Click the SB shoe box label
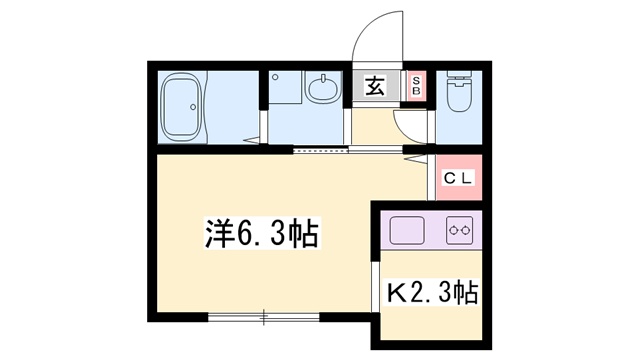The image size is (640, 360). tap(417, 86)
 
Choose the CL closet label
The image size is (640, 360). tap(459, 178)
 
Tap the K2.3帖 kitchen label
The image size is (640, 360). tap(431, 294)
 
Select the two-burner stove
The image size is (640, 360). tap(459, 230)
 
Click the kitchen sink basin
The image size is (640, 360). tap(407, 229)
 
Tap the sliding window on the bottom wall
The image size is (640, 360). tap(264, 317)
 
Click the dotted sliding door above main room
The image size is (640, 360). tap(322, 150)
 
